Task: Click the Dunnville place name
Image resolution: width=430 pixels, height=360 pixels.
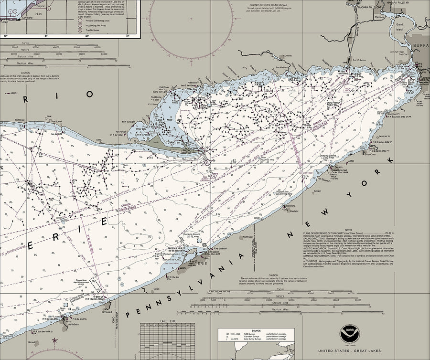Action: tap(287, 56)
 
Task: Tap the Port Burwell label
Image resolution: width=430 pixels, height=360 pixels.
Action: tap(56, 121)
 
